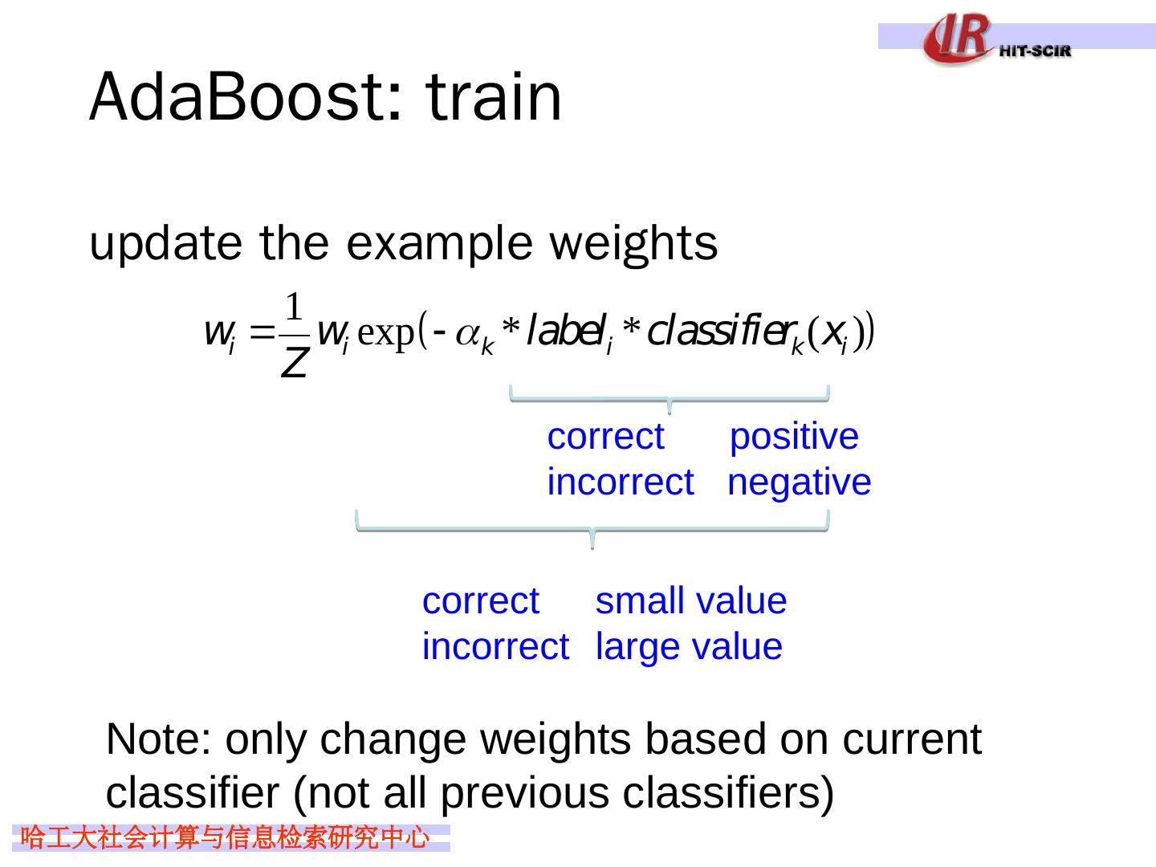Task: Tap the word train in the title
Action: point(494,97)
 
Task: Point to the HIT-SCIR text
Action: point(1035,51)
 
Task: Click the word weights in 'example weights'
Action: point(633,246)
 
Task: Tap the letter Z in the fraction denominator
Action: point(295,363)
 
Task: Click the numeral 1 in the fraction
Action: point(294,307)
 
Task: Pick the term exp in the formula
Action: point(386,334)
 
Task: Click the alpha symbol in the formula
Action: point(466,334)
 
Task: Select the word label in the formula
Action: point(566,331)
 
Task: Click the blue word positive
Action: point(794,438)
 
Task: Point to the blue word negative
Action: point(799,482)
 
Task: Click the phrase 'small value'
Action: point(691,600)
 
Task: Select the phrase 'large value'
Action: point(689,647)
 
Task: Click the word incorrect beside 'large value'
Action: point(495,646)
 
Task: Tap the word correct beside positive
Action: point(605,437)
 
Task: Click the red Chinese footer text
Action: point(225,837)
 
